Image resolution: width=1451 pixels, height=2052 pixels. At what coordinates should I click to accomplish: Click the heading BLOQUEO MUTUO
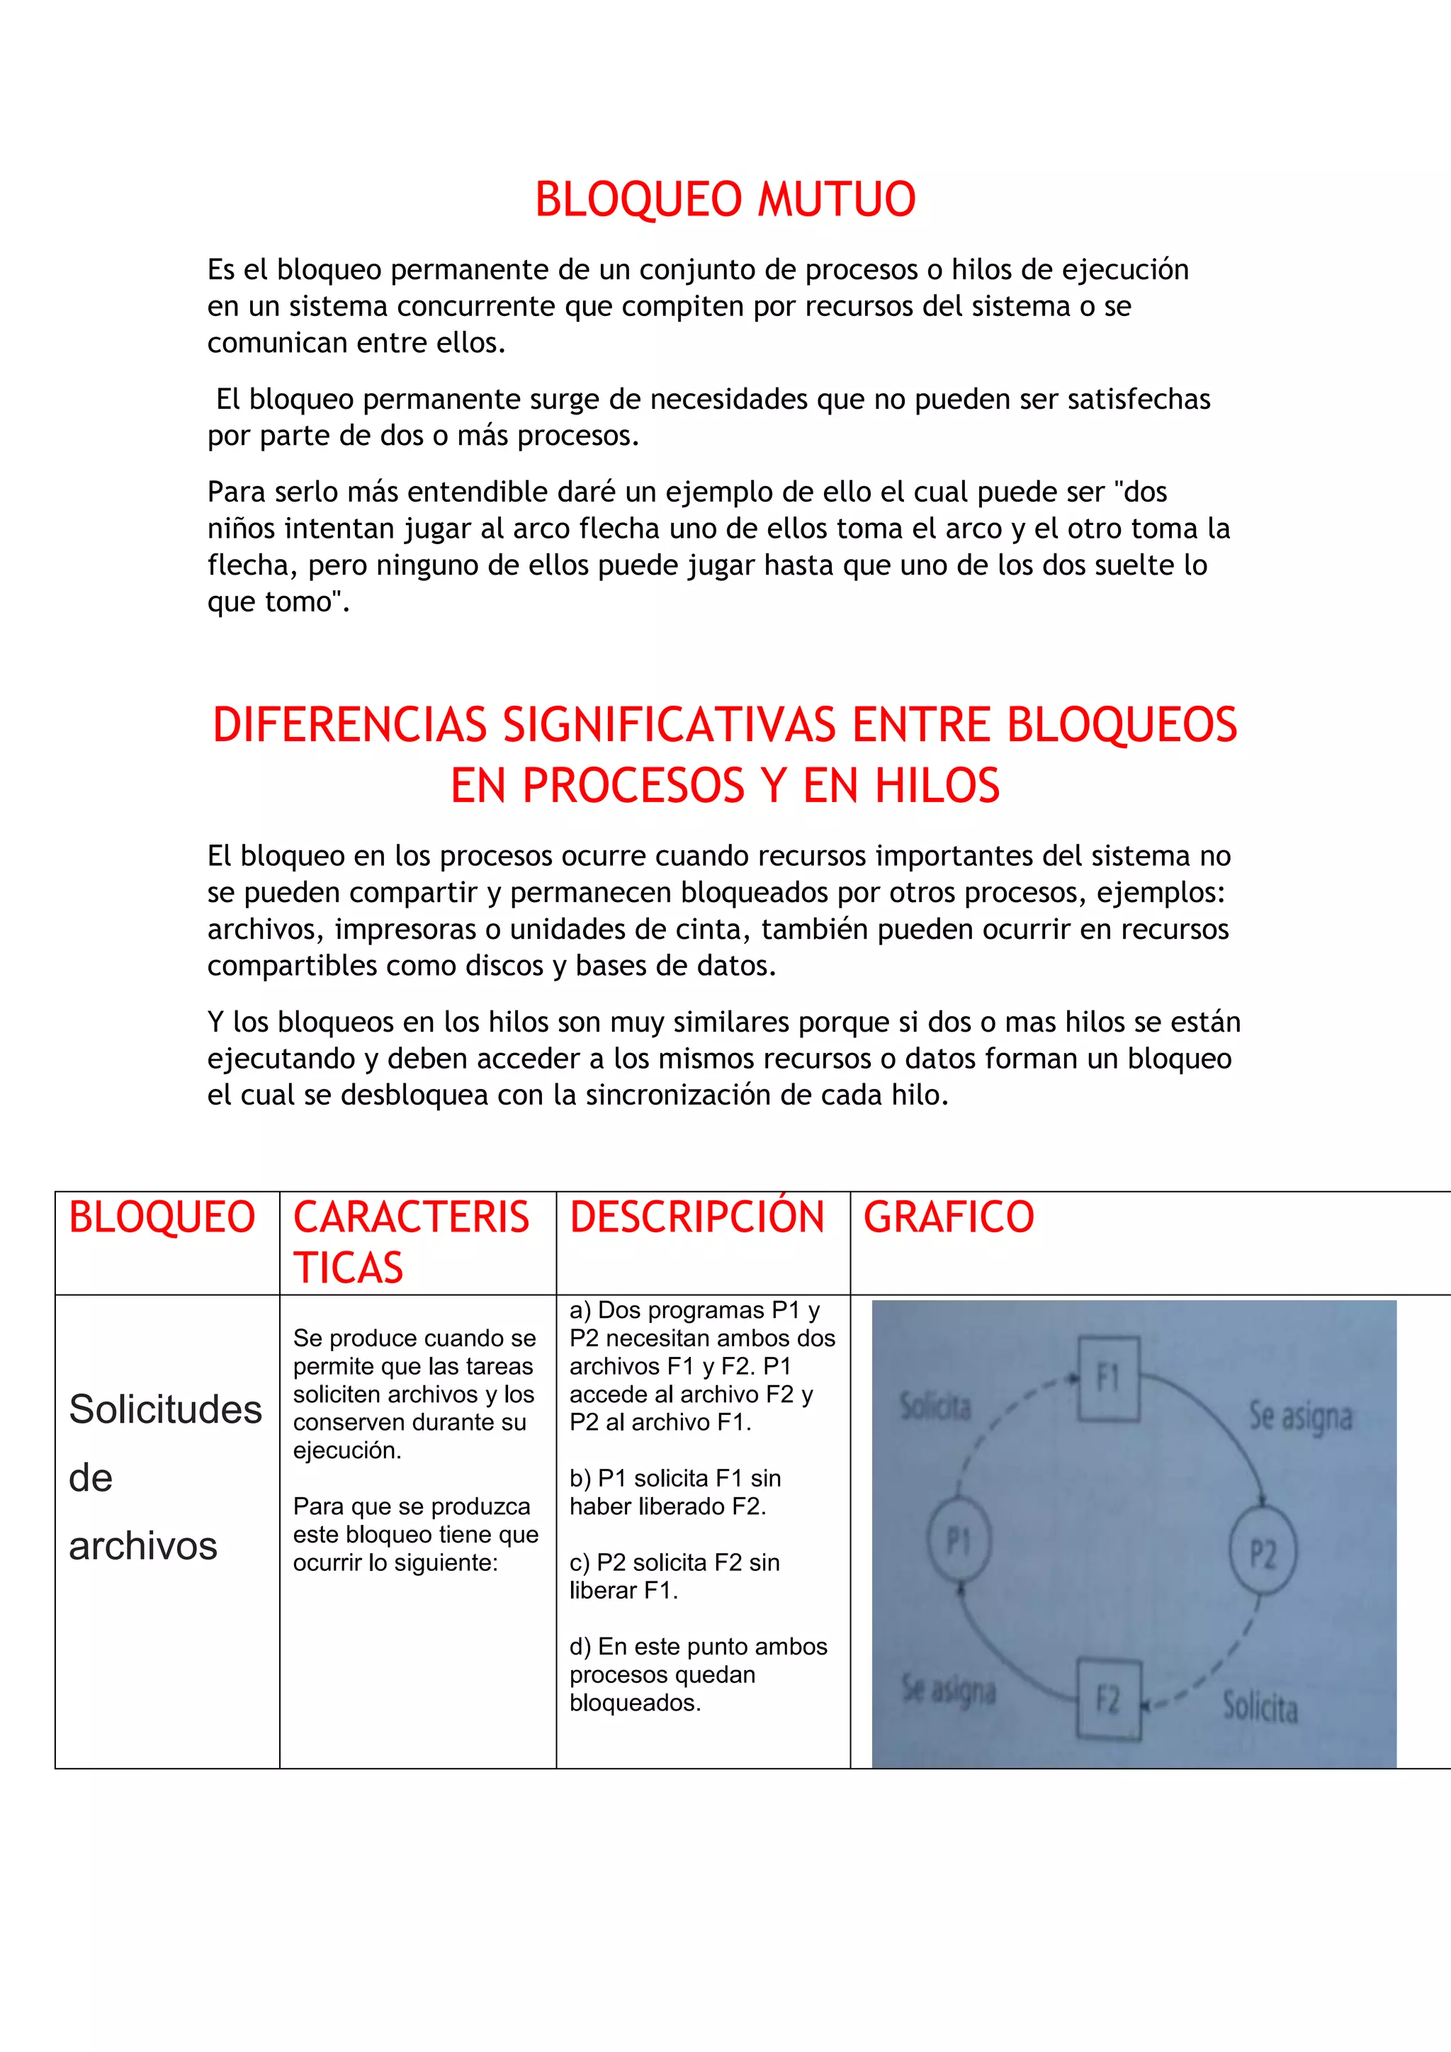(725, 199)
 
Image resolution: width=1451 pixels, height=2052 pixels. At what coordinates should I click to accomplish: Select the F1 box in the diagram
(1108, 1378)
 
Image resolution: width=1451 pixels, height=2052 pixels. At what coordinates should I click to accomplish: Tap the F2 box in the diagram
(1108, 1699)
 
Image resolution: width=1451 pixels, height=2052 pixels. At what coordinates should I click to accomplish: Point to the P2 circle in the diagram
(1262, 1553)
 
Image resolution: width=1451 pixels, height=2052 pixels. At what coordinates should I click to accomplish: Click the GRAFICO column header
(948, 1217)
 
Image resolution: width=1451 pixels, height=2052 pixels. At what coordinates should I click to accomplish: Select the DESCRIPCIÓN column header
(697, 1217)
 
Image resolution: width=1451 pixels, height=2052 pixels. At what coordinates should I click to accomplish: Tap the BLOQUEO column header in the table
(162, 1217)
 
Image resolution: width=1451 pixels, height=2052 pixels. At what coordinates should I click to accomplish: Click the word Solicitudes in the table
(165, 1409)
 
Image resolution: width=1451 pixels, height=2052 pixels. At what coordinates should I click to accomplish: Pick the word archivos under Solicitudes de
(143, 1546)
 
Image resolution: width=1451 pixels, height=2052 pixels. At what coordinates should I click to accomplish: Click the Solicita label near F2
(1260, 1707)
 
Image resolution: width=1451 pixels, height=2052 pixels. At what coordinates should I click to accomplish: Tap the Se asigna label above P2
(1300, 1416)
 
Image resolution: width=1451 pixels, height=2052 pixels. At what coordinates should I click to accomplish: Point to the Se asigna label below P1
(949, 1690)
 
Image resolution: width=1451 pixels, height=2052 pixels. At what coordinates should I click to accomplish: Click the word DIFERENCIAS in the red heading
(349, 725)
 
